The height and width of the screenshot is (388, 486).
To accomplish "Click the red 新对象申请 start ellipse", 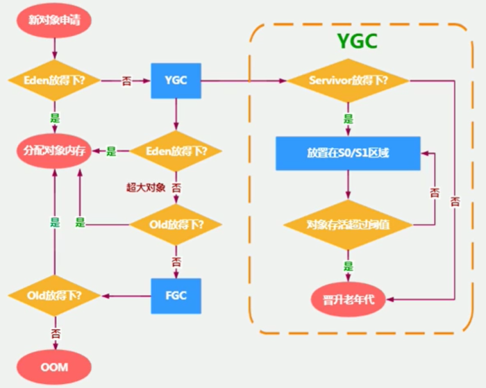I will [x=55, y=19].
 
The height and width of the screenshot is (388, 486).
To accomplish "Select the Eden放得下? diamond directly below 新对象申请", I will [x=54, y=81].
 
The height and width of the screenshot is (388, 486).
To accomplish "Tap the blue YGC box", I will [x=176, y=81].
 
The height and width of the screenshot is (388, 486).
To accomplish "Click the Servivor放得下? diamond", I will [x=347, y=81].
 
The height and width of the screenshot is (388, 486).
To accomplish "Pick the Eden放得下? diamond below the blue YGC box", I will [x=176, y=151].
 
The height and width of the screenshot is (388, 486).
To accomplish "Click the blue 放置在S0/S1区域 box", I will [x=348, y=153].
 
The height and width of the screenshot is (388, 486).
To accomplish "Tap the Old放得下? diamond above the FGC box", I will [x=176, y=225].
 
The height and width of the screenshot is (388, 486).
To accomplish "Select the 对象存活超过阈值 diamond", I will [x=348, y=225].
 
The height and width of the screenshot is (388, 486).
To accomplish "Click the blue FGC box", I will [x=176, y=295].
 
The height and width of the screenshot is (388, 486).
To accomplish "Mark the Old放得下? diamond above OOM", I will [x=54, y=295].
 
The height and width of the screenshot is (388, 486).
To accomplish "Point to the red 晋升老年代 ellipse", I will [x=348, y=300].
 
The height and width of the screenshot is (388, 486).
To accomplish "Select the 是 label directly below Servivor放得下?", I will [x=348, y=118].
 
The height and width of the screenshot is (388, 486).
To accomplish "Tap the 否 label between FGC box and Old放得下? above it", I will [x=176, y=262].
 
